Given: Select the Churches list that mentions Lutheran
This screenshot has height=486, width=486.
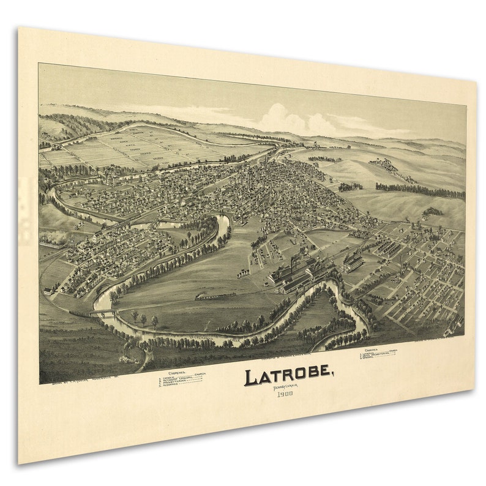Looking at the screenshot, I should coord(379,356).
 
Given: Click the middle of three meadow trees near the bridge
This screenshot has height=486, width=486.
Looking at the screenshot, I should coord(144,319).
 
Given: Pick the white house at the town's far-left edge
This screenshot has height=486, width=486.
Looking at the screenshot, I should coord(47,292).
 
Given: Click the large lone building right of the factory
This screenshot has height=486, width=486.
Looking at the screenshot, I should coord(353,263).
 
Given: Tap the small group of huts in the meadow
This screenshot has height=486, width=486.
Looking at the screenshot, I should coord(244,272).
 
